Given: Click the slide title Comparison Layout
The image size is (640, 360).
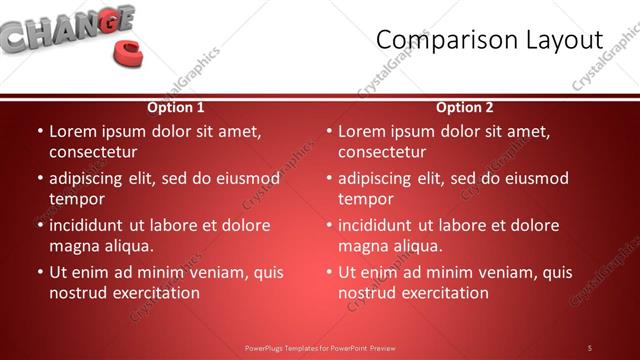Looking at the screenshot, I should [490, 40].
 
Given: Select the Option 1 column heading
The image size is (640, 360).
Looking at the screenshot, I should [176, 107].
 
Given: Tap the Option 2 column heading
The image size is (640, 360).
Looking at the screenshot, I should [465, 107].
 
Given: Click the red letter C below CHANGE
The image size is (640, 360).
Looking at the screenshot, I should [127, 54].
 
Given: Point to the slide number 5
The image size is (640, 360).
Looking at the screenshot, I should [590, 347].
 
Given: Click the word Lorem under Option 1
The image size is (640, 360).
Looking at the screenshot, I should [72, 131].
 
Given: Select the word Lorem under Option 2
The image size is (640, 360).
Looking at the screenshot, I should [361, 131].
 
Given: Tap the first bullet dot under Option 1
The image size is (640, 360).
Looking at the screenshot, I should [39, 131].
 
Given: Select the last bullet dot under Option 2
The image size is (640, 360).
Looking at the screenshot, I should [328, 272].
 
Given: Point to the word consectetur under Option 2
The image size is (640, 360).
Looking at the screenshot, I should [381, 152].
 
